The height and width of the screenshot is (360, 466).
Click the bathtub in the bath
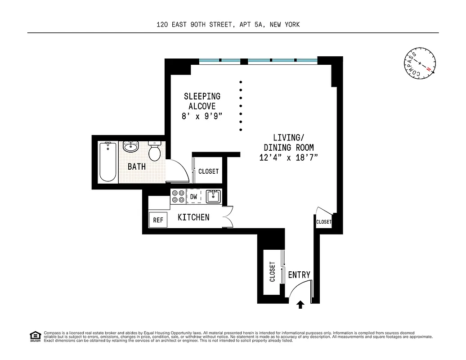point(108,162)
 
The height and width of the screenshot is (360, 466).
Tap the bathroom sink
point(131,147)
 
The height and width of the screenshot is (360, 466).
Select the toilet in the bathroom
point(155,151)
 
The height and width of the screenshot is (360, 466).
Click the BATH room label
point(137,166)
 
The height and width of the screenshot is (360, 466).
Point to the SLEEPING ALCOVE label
point(202,101)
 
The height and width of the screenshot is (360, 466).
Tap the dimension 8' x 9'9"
point(202,116)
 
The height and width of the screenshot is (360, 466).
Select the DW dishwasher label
point(193,197)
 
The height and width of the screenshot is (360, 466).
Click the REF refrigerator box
point(158,220)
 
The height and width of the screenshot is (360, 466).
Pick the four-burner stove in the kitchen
point(178,196)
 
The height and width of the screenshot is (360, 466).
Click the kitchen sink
point(212,196)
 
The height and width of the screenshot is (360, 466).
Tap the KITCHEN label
point(193,217)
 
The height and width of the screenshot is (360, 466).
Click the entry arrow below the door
point(300,305)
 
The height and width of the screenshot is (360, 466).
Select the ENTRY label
point(299,275)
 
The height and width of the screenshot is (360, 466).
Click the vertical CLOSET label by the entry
point(272,272)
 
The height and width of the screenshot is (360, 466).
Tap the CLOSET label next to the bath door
point(208,171)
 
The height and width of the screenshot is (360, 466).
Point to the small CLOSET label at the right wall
point(323,222)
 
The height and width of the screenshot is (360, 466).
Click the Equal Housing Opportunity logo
point(35,336)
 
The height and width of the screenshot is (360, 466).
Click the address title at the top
point(228,25)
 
